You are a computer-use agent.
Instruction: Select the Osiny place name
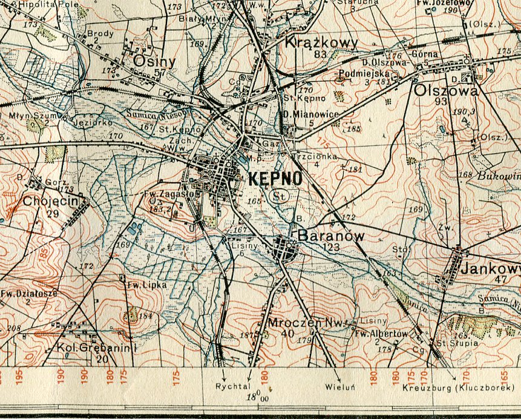(154, 62)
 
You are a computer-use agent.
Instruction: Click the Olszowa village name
(447, 90)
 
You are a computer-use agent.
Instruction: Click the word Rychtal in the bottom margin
(231, 386)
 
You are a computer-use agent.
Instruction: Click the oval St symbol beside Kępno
(279, 196)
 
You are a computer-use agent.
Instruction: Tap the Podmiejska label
(361, 73)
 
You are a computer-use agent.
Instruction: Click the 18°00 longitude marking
(257, 397)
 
